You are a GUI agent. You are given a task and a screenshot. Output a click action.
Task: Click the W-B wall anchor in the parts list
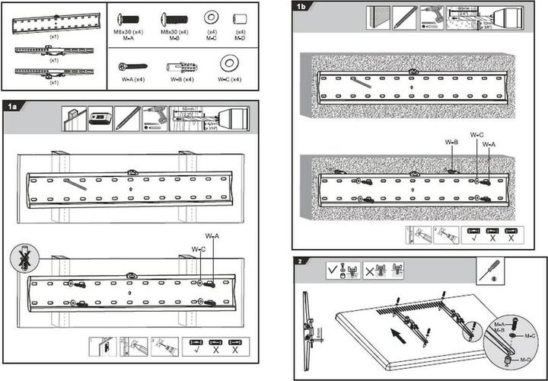click(176, 66)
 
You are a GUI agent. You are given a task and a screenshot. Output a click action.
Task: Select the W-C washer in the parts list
click(227, 64)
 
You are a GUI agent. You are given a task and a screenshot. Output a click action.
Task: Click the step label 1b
click(302, 7)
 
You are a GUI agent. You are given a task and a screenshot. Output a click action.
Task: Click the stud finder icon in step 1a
click(100, 118)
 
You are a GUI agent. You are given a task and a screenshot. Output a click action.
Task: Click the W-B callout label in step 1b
click(451, 141)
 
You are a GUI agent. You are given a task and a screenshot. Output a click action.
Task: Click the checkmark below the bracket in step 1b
click(474, 238)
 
